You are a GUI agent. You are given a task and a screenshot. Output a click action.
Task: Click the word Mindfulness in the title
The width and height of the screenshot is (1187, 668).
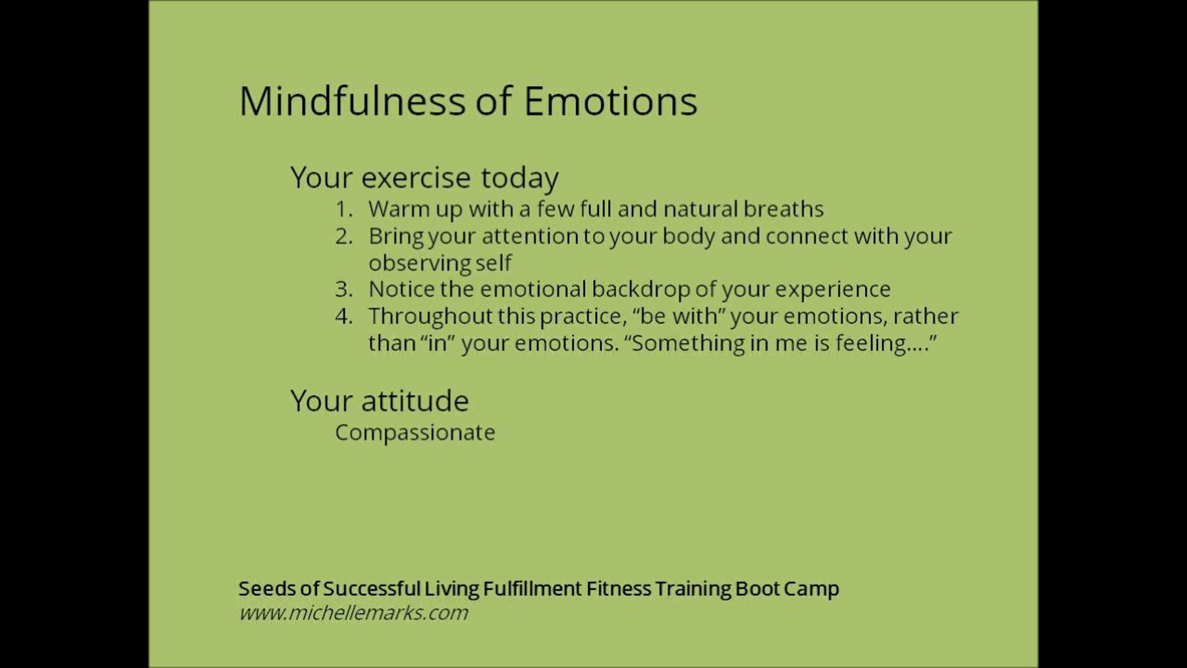pos(352,101)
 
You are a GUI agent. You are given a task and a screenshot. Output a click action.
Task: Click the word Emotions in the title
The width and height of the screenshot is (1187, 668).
pos(610,101)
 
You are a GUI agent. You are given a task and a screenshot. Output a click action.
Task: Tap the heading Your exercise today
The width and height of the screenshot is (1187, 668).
pos(424,178)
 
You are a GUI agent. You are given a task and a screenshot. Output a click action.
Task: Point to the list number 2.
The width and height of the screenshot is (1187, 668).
pos(344,237)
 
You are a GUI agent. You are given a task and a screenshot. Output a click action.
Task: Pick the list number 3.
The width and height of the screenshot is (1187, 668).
pos(344,289)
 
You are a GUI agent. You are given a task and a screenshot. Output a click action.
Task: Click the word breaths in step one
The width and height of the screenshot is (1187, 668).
pos(783,209)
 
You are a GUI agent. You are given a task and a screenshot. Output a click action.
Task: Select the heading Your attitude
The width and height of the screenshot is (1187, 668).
pos(379,401)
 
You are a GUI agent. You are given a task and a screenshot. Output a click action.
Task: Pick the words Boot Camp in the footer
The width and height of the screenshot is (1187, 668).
pos(787,589)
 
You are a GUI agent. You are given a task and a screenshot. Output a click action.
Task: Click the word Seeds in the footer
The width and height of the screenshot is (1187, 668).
pos(267,588)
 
